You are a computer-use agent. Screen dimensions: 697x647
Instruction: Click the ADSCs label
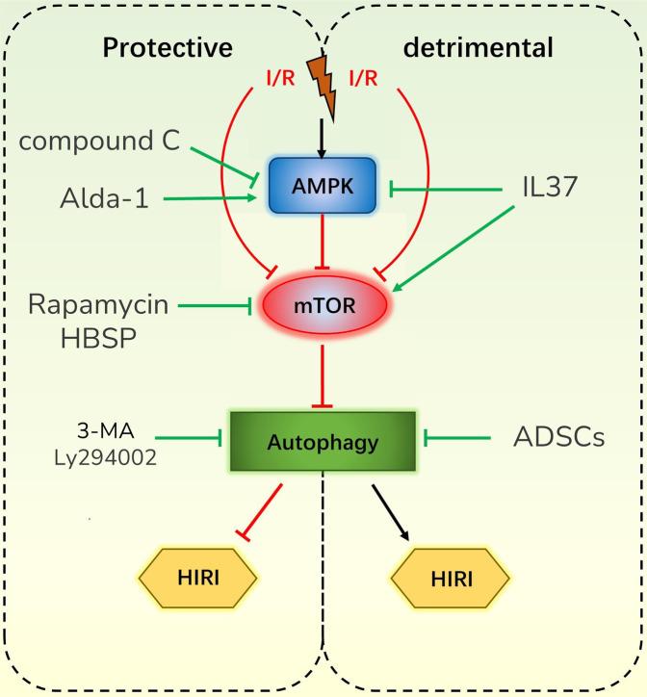(558, 438)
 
